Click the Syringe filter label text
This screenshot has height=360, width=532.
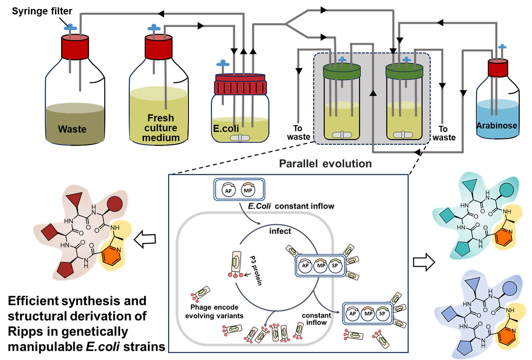[42, 11]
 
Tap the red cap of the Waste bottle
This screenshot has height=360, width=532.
[75, 47]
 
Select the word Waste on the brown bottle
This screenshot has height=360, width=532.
[72, 129]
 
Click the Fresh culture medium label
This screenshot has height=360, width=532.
[161, 128]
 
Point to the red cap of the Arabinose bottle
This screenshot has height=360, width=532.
[498, 68]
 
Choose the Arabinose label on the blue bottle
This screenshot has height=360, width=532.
[497, 126]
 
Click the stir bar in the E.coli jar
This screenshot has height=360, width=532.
[240, 138]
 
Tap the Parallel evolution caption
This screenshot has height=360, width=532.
[325, 164]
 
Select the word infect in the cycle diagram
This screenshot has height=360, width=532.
[280, 231]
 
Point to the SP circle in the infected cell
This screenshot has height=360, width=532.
[335, 265]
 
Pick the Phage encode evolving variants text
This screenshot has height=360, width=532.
[214, 312]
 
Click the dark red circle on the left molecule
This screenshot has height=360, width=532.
[115, 204]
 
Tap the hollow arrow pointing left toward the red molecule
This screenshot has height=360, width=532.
[144, 239]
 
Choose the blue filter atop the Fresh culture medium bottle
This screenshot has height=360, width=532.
[154, 28]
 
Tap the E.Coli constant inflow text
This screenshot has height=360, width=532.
[291, 206]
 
